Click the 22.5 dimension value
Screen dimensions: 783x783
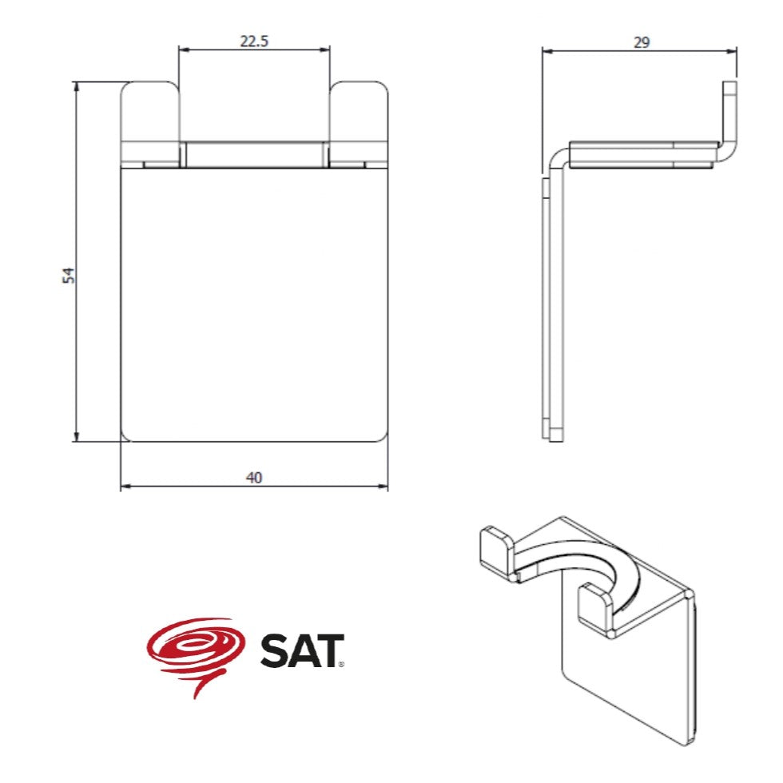click(x=254, y=41)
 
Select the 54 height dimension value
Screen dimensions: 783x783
click(x=69, y=276)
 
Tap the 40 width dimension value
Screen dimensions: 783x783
click(x=254, y=478)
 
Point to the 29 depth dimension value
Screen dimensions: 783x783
click(x=642, y=42)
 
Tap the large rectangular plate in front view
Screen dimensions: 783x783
click(x=254, y=304)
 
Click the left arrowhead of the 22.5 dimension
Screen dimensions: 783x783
click(x=184, y=50)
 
